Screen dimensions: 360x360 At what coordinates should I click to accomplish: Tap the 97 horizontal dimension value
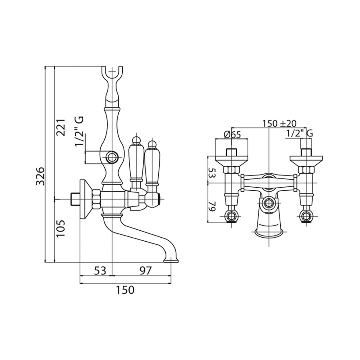point(145,270)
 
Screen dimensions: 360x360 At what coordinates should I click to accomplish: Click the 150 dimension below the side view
point(125,290)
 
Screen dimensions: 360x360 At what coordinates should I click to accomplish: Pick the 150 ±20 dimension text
point(280,124)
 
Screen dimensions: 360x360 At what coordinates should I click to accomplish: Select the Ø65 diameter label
point(232,134)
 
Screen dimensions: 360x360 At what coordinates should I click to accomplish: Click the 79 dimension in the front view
point(212,207)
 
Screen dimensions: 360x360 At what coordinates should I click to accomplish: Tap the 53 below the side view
point(100,270)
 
